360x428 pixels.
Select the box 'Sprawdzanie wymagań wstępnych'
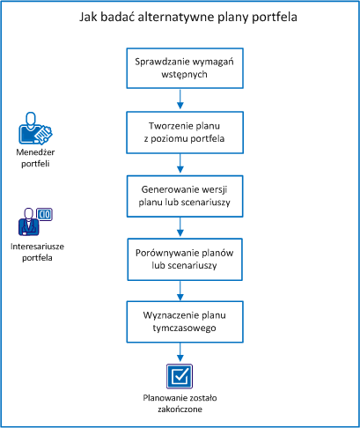point(180,69)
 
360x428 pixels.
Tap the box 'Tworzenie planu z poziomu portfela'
point(180,131)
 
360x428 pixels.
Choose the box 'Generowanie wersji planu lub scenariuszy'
point(180,195)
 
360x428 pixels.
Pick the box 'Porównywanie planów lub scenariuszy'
point(180,258)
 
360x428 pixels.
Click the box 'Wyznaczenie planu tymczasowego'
point(180,321)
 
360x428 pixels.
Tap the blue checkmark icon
point(180,376)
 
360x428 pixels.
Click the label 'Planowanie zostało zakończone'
point(180,402)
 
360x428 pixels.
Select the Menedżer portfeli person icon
point(33,130)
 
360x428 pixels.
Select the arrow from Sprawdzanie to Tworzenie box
point(180,100)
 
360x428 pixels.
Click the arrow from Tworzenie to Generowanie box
point(180,163)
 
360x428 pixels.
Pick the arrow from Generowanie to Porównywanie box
point(180,226)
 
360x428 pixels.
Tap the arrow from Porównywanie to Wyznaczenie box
point(180,290)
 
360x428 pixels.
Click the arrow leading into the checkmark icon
point(180,351)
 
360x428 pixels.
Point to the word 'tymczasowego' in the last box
point(180,328)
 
